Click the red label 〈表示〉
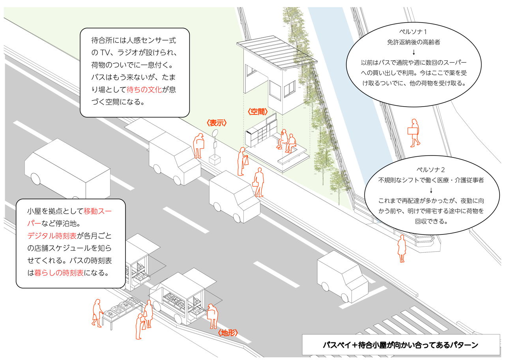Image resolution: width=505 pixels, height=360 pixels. tap(217, 123)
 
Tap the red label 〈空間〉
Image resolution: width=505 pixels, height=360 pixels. tap(258, 111)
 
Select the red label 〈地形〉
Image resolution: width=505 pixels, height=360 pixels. tap(228, 332)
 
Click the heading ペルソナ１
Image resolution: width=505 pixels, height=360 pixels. tap(413, 32)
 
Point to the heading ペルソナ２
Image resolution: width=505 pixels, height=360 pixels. tap(430, 170)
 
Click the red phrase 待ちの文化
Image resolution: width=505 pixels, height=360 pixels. tap(144, 90)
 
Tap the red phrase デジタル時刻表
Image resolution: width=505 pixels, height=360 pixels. tap(52, 236)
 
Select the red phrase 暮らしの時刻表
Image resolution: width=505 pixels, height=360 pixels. tap(59, 273)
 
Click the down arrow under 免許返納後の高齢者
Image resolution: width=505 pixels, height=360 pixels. tap(414, 52)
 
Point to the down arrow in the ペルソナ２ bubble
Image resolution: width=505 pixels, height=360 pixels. tap(431, 190)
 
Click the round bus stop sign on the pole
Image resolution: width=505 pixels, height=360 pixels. tap(215, 133)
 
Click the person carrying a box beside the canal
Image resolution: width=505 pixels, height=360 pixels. tap(414, 133)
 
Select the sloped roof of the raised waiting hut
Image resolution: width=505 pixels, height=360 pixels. tap(277, 52)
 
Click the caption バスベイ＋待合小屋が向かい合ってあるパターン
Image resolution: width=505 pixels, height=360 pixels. tap(400, 345)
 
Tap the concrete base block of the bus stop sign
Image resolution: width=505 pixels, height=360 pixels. tap(215, 160)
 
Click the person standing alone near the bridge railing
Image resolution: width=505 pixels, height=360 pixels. tap(402, 249)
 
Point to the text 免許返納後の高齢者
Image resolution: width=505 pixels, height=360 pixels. tap(413, 42)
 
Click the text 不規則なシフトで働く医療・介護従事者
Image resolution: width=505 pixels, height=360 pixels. tap(431, 180)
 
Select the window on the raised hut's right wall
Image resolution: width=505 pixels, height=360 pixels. tap(290, 89)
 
